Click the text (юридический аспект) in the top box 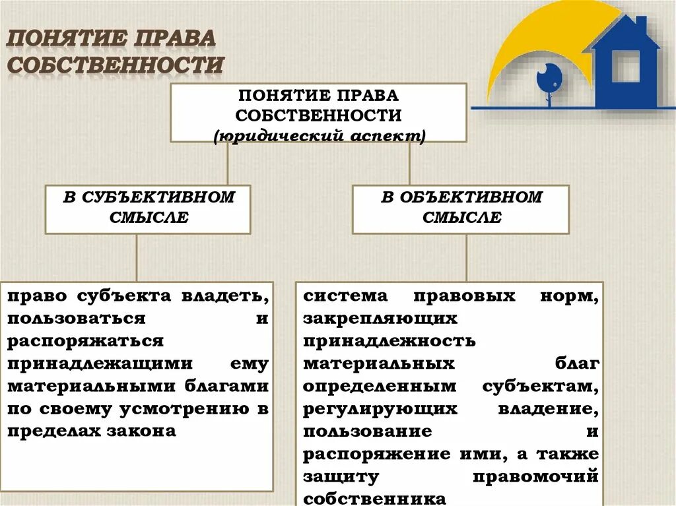(320, 136)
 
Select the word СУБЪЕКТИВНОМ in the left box (158, 197)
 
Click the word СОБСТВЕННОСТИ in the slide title (116, 65)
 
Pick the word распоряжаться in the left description (86, 340)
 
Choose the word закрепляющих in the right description (380, 318)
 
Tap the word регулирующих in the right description (380, 408)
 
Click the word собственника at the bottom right (375, 498)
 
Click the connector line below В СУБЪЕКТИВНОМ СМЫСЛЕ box (137, 257)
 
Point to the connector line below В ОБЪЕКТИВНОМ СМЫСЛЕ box (466, 257)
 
